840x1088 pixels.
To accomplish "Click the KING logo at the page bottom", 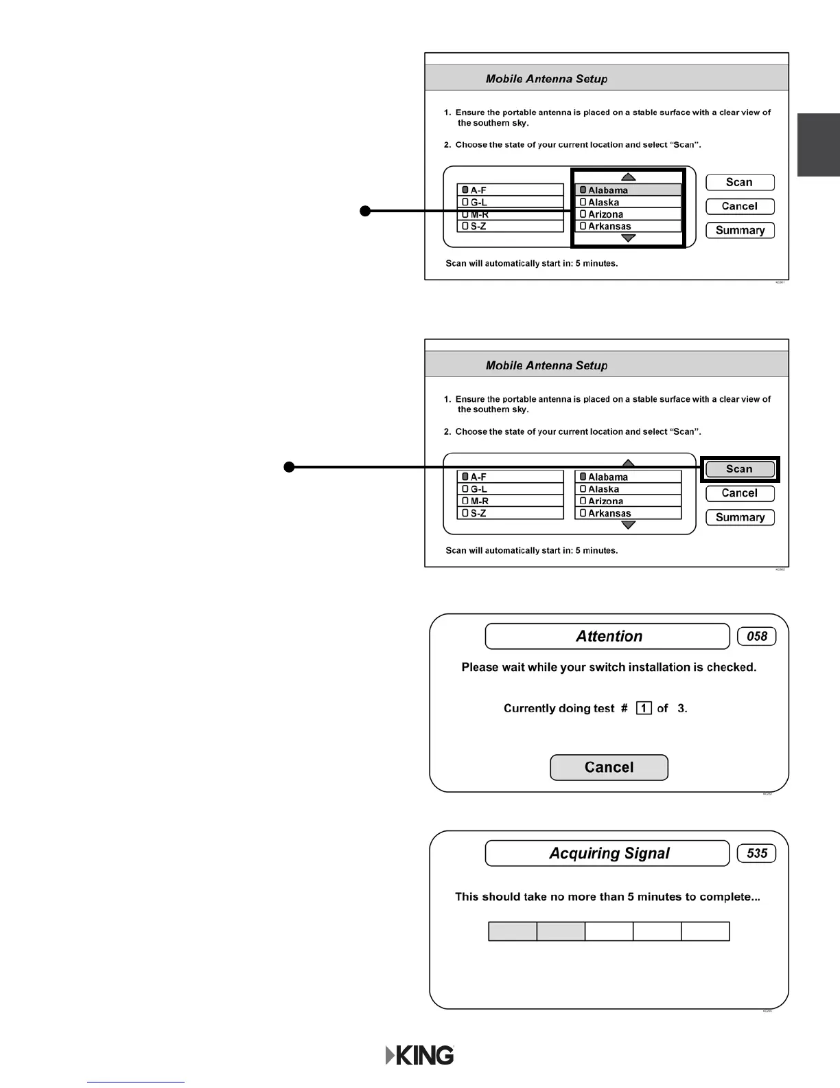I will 420,1055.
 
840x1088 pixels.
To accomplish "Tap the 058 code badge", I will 756,636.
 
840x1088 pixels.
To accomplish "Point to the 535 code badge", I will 756,853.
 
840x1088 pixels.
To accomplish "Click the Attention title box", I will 607,636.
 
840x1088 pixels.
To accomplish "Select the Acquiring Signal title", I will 607,853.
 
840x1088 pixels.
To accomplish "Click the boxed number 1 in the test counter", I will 644,708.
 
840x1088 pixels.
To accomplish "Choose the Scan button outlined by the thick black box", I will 740,469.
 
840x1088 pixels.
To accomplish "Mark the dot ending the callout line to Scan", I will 290,468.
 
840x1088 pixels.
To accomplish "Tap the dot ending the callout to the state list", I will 366,211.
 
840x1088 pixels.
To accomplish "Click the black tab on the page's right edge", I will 819,145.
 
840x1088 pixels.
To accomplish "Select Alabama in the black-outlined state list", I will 628,190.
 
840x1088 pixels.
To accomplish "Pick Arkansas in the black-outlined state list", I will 628,226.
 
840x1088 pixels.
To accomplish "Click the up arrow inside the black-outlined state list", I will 628,177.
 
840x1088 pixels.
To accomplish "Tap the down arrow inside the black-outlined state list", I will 628,238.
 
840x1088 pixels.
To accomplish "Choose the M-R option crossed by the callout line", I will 510,214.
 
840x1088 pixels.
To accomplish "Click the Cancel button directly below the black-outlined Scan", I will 740,493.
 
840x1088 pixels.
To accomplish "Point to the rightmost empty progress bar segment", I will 705,931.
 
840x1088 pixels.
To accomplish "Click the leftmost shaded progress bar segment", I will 513,931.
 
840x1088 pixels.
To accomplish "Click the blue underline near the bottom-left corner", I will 136,1082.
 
